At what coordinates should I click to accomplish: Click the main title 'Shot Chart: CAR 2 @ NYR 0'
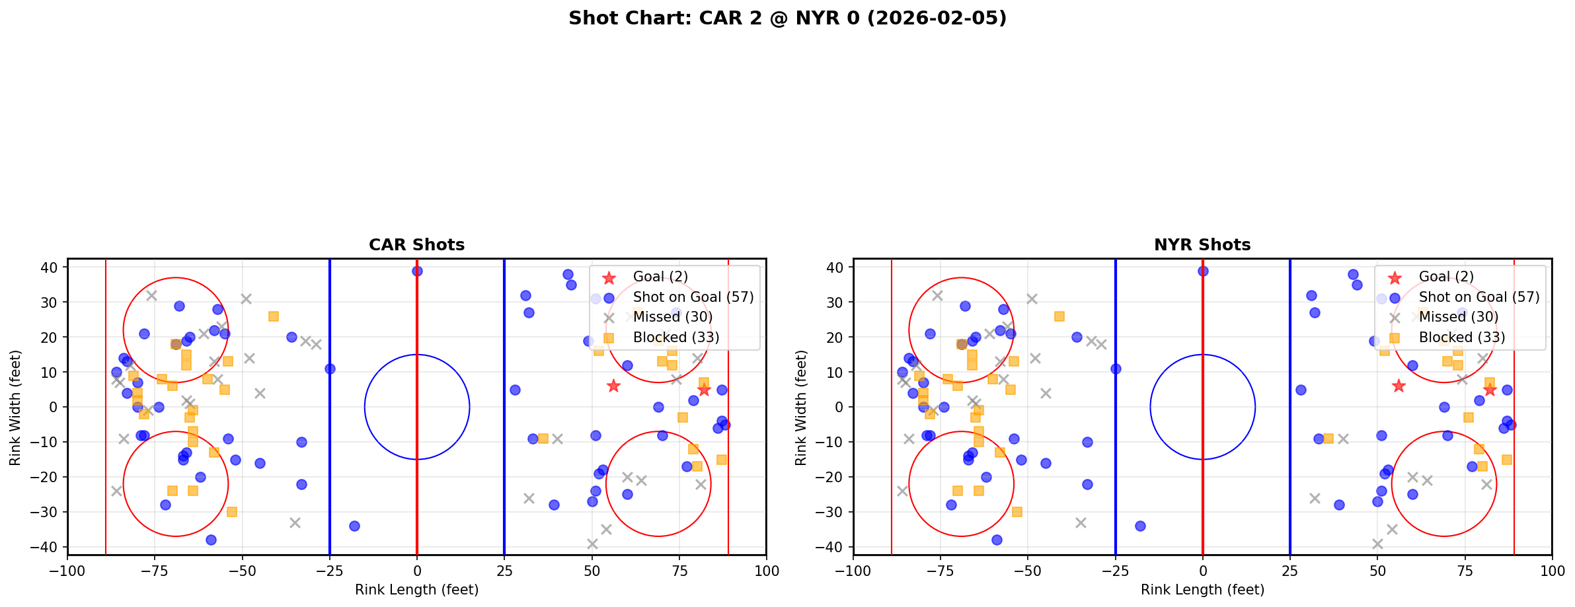pyautogui.click(x=787, y=18)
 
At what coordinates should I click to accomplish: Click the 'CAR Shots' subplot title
pyautogui.click(x=416, y=245)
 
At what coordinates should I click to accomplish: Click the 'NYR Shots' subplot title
pyautogui.click(x=1202, y=245)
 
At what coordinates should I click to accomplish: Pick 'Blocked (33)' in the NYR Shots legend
pyautogui.click(x=1462, y=338)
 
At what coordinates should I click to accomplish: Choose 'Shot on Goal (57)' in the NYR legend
pyautogui.click(x=1479, y=297)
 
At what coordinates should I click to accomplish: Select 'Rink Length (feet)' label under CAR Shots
pyautogui.click(x=416, y=590)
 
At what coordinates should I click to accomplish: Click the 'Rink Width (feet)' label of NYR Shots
pyautogui.click(x=801, y=407)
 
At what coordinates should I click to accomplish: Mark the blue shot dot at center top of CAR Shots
pyautogui.click(x=417, y=271)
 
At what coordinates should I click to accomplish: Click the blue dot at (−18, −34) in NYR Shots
pyautogui.click(x=1140, y=526)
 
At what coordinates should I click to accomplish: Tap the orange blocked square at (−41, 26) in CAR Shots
pyautogui.click(x=274, y=316)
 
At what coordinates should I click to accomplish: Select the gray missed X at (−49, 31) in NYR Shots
pyautogui.click(x=1032, y=299)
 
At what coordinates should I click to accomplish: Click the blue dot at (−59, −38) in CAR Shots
pyautogui.click(x=211, y=540)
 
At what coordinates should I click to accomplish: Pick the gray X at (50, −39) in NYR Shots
pyautogui.click(x=1377, y=544)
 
